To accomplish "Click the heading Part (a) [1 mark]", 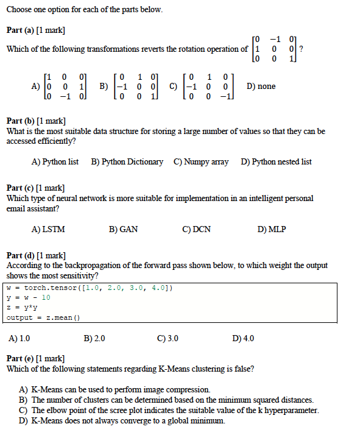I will [36, 30].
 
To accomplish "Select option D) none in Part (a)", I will [261, 87].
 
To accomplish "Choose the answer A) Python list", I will [55, 162].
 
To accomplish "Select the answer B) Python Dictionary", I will [127, 162].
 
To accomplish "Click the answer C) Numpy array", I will [201, 162].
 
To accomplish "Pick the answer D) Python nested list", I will [276, 162].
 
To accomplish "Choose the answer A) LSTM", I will [48, 230].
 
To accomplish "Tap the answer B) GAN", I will [123, 230].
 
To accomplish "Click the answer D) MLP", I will [271, 230].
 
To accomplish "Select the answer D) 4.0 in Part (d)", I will [244, 338].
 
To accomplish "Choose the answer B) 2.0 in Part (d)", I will [94, 338].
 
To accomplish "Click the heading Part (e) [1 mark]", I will [36, 359].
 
